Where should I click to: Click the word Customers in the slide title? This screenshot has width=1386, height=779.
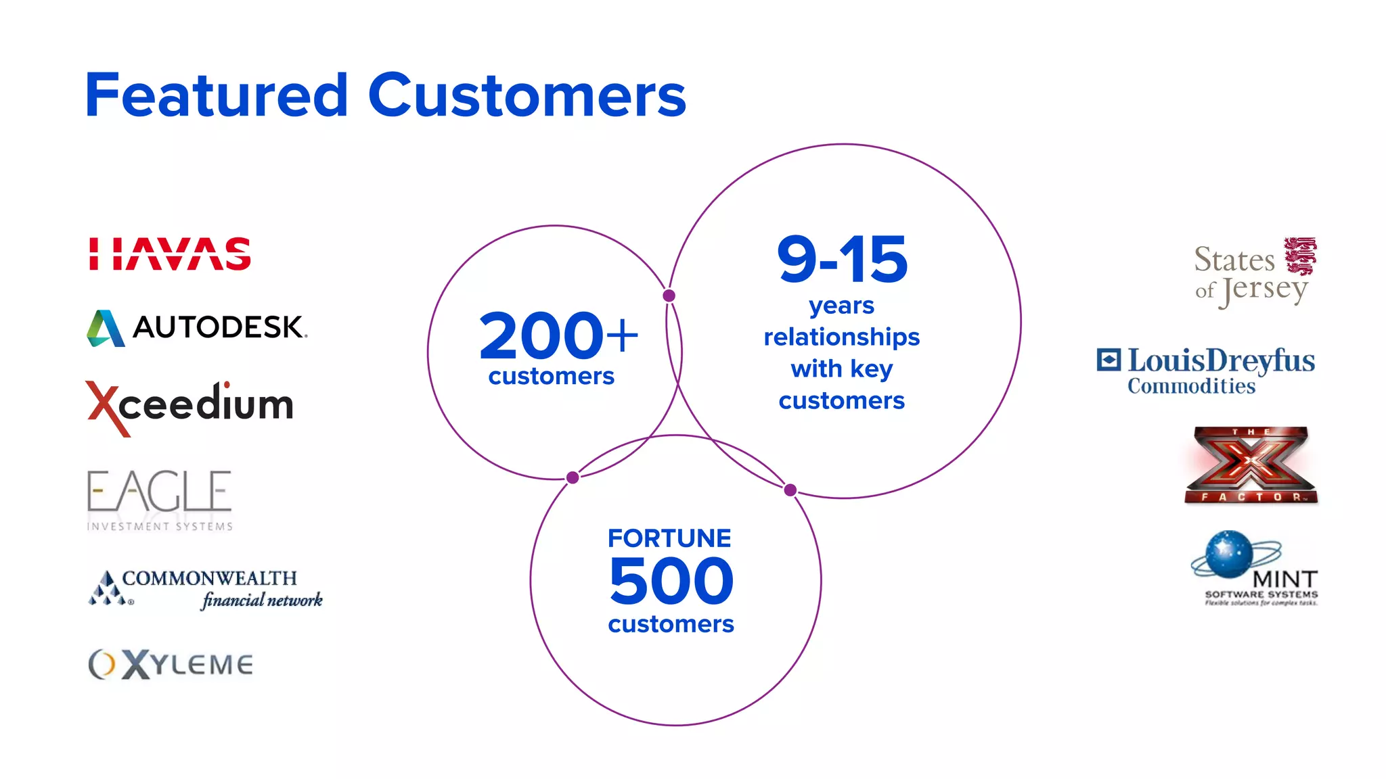click(527, 95)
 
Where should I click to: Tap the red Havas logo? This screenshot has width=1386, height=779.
click(170, 254)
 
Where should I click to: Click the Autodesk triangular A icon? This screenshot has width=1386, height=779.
click(106, 329)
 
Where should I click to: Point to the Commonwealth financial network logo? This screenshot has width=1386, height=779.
click(206, 588)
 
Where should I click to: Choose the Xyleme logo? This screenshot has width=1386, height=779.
click(171, 664)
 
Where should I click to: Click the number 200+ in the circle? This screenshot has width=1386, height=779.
click(558, 336)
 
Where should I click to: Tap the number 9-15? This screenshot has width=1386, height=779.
click(842, 260)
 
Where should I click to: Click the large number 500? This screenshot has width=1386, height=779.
click(671, 581)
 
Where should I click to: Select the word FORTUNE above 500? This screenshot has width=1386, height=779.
click(669, 538)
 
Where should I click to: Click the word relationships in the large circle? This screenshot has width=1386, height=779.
click(841, 337)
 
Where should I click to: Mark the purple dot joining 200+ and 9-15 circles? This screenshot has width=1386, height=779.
click(669, 296)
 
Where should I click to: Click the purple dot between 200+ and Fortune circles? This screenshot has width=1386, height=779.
click(573, 478)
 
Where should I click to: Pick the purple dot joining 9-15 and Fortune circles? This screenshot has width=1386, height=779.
click(790, 490)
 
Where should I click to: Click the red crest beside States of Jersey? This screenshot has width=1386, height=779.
click(1300, 256)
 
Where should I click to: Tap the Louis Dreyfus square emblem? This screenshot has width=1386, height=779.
click(1109, 360)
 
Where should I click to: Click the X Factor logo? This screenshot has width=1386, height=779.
click(1251, 465)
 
